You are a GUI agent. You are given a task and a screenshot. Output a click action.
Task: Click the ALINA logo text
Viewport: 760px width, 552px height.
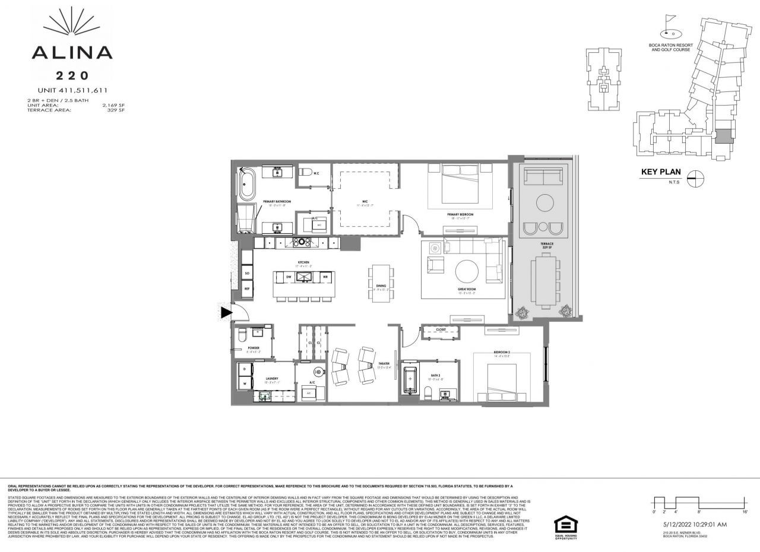[71, 52]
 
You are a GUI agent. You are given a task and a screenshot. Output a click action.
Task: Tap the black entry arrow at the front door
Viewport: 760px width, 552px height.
[226, 312]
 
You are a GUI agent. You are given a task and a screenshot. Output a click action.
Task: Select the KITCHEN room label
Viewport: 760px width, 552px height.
[303, 262]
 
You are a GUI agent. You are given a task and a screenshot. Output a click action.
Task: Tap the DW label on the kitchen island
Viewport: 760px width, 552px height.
[288, 277]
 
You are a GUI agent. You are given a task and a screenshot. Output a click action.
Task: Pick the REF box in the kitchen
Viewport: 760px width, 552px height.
[246, 288]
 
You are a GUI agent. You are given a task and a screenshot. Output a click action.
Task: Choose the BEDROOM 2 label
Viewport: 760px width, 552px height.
[502, 354]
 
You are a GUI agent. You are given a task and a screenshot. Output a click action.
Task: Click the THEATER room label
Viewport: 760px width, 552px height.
[384, 364]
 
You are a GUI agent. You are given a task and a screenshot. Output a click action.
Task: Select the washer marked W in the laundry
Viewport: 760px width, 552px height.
[244, 384]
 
